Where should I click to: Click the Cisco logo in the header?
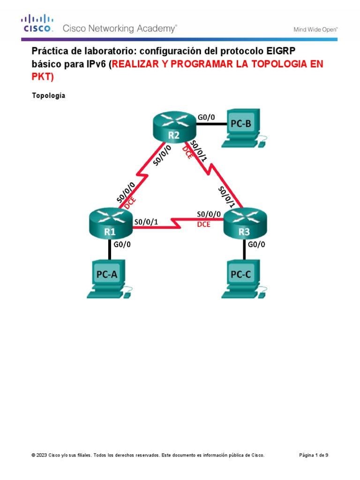click(x=36, y=23)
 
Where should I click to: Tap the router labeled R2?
click(x=174, y=127)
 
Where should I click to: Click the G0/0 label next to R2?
click(x=206, y=118)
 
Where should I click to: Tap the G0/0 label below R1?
click(x=122, y=244)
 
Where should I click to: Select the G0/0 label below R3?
click(x=257, y=244)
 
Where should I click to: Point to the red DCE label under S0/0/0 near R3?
click(x=203, y=225)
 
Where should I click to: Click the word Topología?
click(x=48, y=96)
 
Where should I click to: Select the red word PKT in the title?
click(x=42, y=76)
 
